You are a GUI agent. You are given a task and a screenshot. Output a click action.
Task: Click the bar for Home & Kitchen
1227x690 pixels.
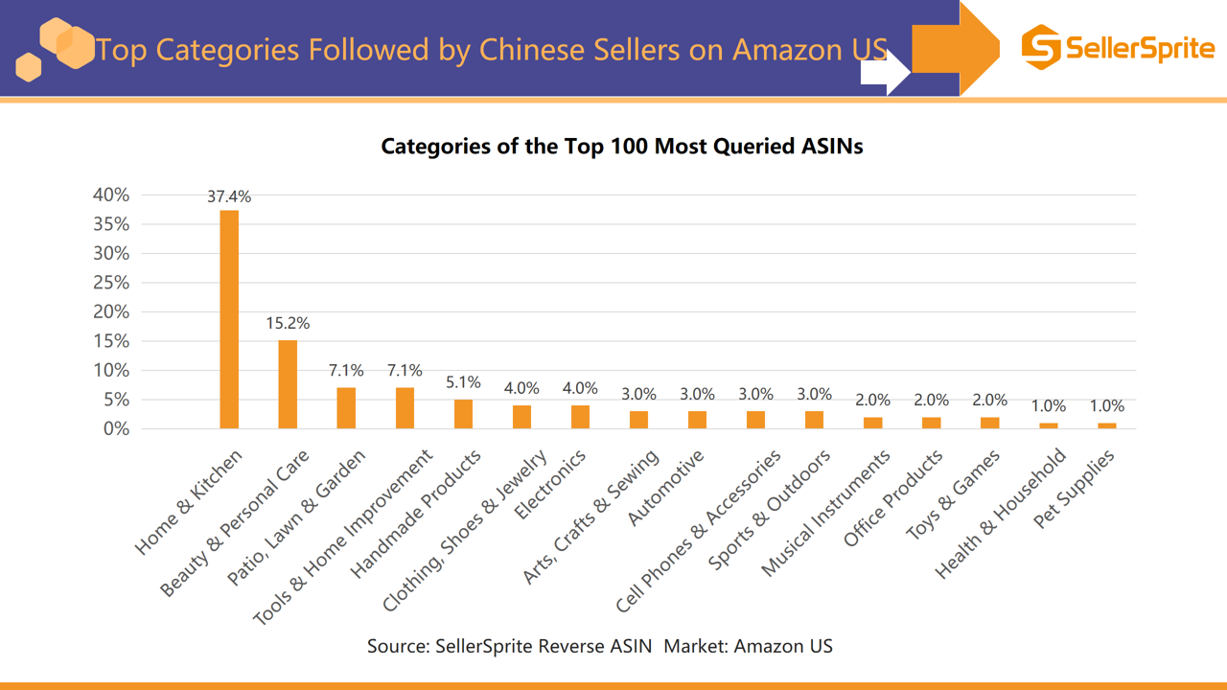(x=229, y=319)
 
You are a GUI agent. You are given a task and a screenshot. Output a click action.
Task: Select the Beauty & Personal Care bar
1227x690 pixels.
(x=288, y=384)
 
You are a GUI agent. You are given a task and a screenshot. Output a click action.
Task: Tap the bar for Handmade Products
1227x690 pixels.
(x=463, y=414)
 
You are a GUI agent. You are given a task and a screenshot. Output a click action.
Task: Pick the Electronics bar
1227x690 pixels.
(x=580, y=417)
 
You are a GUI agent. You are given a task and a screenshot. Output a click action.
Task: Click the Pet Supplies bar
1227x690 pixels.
(x=1106, y=425)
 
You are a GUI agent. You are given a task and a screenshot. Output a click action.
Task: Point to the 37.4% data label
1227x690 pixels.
(x=229, y=196)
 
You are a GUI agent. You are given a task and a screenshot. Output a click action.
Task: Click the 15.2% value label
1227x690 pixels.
(x=288, y=324)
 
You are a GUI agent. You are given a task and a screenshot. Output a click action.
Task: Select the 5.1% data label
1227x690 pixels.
(x=463, y=382)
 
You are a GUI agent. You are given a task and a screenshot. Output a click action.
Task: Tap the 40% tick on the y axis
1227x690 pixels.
(x=110, y=195)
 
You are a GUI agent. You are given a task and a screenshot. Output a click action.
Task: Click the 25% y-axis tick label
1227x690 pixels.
(x=110, y=283)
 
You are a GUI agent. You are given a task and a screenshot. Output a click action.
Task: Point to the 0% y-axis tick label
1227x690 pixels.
(x=115, y=428)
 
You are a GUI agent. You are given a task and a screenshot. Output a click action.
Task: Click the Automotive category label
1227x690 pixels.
(x=667, y=489)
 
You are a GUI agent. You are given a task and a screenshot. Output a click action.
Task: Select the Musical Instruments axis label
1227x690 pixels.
(x=826, y=515)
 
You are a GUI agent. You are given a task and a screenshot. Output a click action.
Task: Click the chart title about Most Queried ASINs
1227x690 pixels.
(x=621, y=147)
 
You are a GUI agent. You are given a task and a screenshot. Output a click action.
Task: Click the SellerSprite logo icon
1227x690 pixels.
(x=1041, y=47)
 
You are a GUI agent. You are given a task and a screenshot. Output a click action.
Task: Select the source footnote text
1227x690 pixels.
(x=599, y=646)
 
